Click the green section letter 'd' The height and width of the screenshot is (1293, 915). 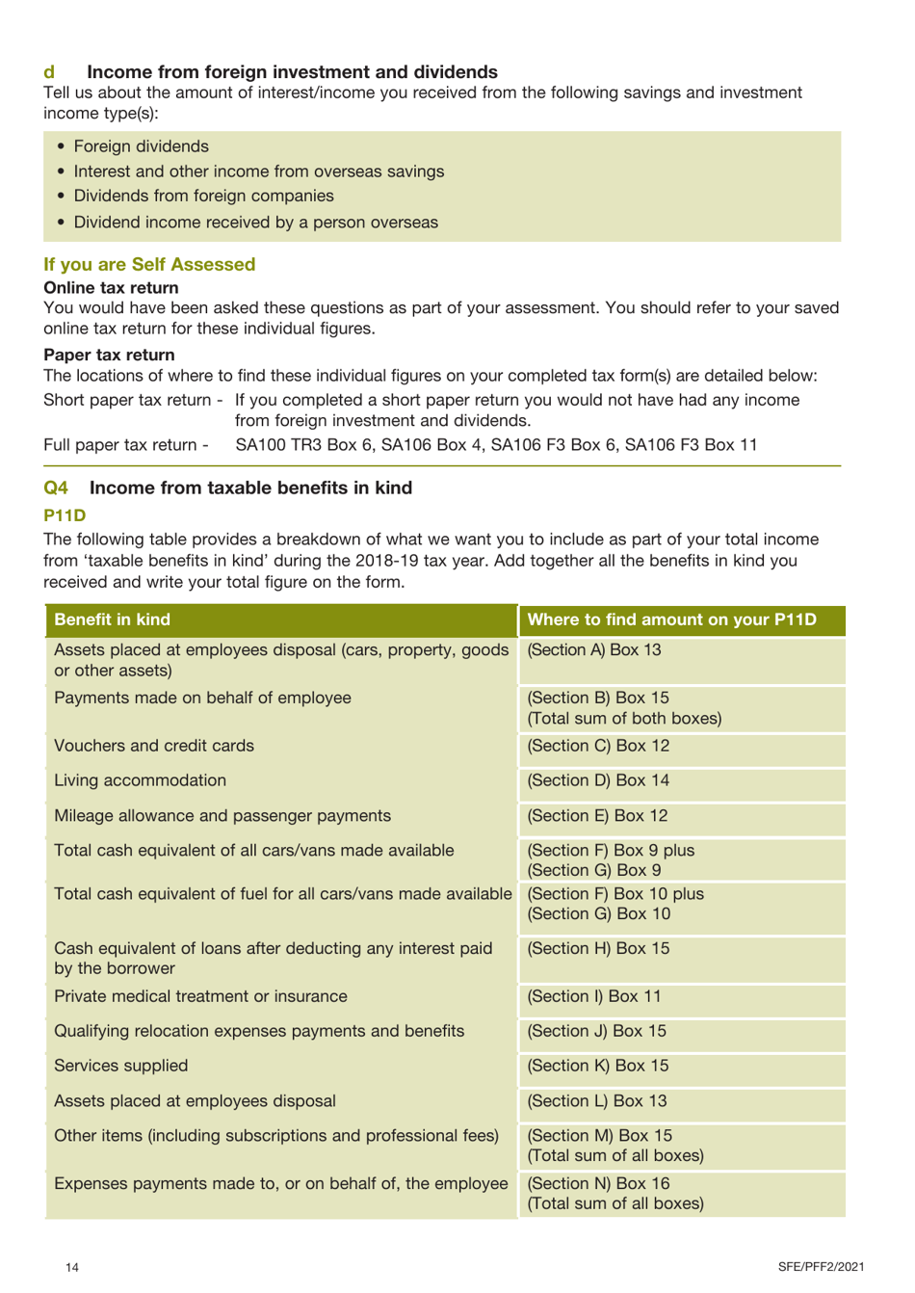[x=49, y=72]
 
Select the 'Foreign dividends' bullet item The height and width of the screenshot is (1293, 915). [x=141, y=146]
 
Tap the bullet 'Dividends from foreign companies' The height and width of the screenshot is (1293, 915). [x=203, y=196]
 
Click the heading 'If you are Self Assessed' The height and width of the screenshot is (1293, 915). [x=149, y=264]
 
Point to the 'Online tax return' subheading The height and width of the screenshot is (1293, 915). [x=111, y=287]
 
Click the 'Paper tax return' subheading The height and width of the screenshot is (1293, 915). [x=109, y=355]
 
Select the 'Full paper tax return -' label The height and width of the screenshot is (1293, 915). [x=126, y=444]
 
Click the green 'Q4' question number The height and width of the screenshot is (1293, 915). [x=56, y=488]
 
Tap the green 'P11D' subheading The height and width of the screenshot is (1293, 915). [x=65, y=515]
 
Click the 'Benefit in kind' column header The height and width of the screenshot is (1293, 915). [x=112, y=620]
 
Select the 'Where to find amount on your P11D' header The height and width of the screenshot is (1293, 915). [x=671, y=620]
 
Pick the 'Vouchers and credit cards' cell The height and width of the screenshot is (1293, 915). [x=154, y=746]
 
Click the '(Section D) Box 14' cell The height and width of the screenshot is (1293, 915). [x=598, y=780]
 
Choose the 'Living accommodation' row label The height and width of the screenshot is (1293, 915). [x=140, y=780]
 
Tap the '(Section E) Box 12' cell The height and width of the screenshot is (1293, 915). [x=597, y=815]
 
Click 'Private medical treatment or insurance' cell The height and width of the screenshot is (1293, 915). [x=200, y=996]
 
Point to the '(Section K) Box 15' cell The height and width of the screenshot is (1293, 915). [x=598, y=1066]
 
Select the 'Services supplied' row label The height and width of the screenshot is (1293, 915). [x=120, y=1066]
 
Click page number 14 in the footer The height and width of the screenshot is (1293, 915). [x=72, y=1267]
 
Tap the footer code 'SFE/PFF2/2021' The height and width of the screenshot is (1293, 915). [x=821, y=1267]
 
